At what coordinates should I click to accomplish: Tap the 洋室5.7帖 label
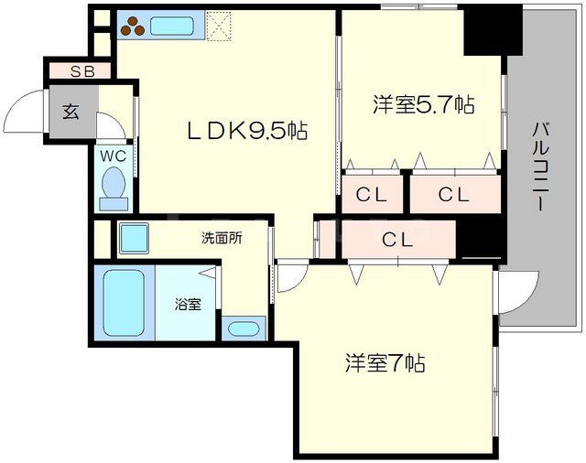[423, 104]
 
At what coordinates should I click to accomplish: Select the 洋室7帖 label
[385, 363]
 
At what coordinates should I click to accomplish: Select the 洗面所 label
[222, 238]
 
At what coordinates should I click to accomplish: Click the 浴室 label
[188, 304]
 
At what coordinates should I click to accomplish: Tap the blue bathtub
[122, 302]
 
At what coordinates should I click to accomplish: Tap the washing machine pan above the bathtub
[135, 238]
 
